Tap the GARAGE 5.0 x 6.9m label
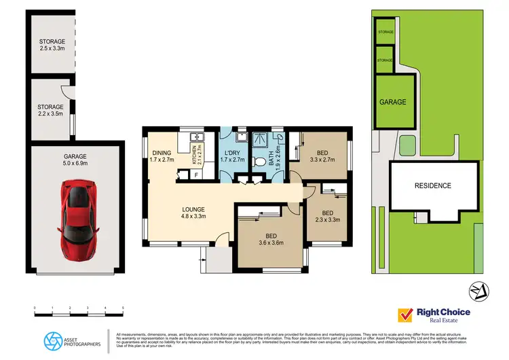pyautogui.click(x=74, y=160)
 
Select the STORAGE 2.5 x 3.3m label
pyautogui.click(x=51, y=46)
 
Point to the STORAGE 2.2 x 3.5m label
pyautogui.click(x=51, y=110)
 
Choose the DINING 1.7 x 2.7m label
pyautogui.click(x=162, y=157)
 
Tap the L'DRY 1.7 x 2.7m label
pyautogui.click(x=234, y=157)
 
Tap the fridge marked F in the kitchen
pyautogui.click(x=196, y=175)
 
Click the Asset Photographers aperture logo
pyautogui.click(x=53, y=339)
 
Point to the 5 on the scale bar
pyautogui.click(x=123, y=309)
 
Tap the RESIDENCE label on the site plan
pyautogui.click(x=433, y=185)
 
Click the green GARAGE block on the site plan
pyautogui.click(x=392, y=102)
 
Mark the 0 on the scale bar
pyautogui.click(x=35, y=309)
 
